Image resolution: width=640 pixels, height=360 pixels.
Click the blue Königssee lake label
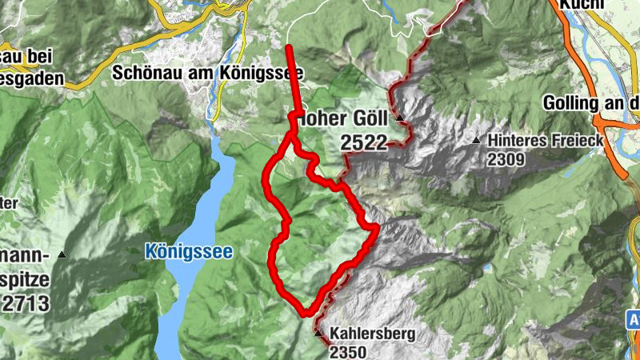coord(189,252)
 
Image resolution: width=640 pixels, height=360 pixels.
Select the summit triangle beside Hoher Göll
coord(399,120)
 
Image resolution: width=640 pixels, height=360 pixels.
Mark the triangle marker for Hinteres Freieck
coord(477,140)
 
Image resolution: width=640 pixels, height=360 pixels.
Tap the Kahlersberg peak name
coord(372,334)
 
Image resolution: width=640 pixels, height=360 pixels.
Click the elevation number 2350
coord(348,351)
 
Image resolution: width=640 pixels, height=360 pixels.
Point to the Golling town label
coord(590,103)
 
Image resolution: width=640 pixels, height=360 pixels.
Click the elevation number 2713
coord(26,303)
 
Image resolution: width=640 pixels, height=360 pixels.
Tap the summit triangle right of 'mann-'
coord(62,255)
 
